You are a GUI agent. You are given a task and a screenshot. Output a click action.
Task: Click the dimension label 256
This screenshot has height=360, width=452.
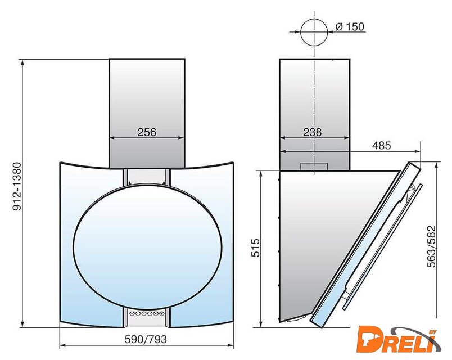pos(147,132)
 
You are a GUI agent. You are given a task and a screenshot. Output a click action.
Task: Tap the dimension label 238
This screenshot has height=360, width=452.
pos(312,132)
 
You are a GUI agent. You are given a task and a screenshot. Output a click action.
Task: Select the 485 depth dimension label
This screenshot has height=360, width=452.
pos(381,145)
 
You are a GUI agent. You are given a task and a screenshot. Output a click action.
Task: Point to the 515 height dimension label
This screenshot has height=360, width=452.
pos(256,247)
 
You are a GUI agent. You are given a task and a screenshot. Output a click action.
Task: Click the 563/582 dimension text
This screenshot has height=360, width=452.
pos(432,246)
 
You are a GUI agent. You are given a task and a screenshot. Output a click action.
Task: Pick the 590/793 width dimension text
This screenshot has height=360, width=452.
pos(146,339)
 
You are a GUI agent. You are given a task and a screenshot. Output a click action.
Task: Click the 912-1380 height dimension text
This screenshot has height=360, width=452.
pos(17,186)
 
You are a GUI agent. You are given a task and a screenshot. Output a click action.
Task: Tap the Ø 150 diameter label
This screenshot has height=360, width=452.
pos(350,26)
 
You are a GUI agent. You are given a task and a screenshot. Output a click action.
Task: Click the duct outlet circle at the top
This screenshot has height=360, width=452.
pos(314,19)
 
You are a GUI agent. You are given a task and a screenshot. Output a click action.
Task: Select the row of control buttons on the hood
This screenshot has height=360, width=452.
pos(147,313)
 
